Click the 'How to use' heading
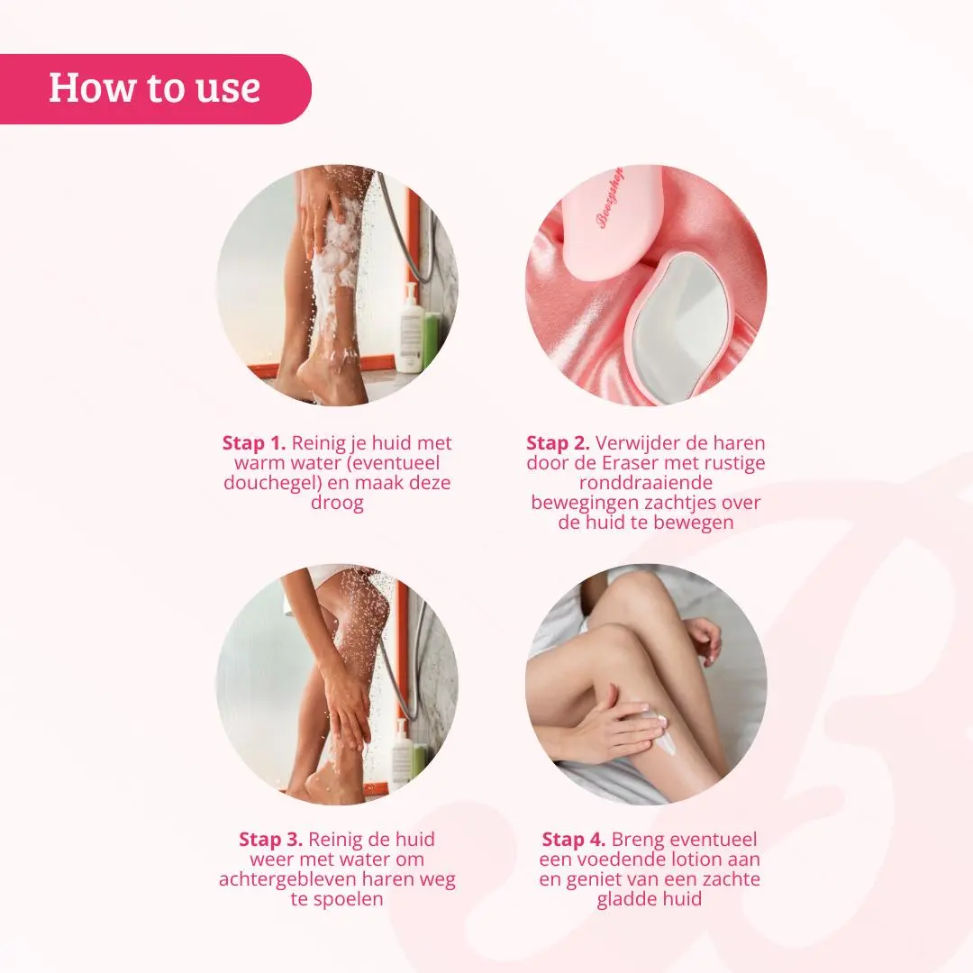pos(155,87)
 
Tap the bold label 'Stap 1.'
pos(254,443)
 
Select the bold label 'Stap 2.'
pos(558,443)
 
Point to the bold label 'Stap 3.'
pos(270,840)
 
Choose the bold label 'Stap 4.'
pos(573,840)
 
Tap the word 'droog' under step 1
pos(337,503)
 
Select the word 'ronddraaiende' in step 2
pos(645,483)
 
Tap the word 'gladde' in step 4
pos(625,899)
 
